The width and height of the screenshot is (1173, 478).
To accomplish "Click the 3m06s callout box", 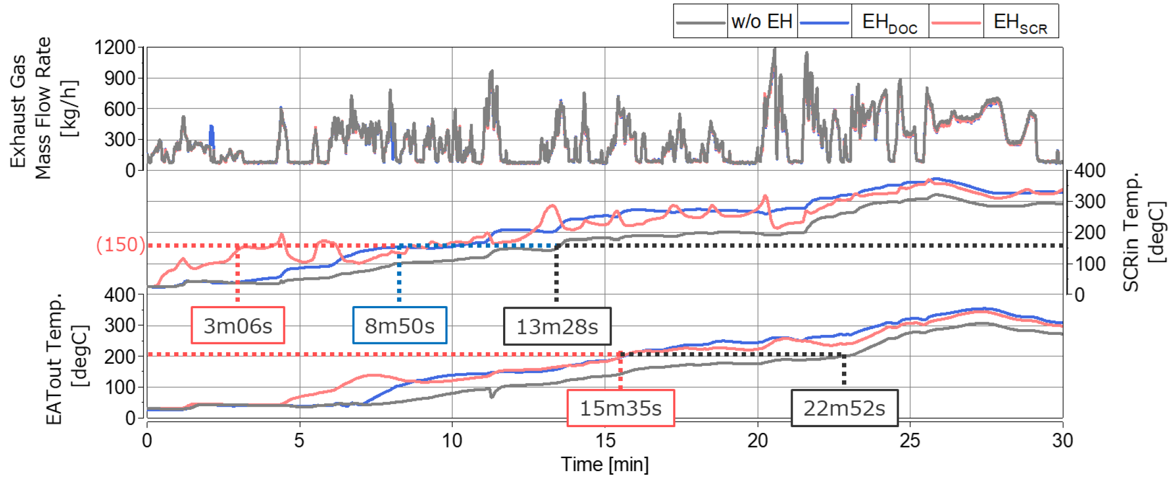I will [x=238, y=325].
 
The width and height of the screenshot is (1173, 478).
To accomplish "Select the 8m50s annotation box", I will [x=400, y=325].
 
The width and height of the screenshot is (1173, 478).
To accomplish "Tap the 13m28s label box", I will [x=557, y=327].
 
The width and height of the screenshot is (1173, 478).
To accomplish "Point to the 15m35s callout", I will [x=621, y=408].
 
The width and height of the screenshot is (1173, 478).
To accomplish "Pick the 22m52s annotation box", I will [x=845, y=408].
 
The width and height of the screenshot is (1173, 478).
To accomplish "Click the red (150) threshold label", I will [x=121, y=245].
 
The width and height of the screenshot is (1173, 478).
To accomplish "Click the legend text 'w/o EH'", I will [x=762, y=21].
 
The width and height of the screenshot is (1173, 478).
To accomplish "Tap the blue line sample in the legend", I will [x=825, y=23].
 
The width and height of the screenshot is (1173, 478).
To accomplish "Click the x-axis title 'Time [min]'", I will [x=605, y=464].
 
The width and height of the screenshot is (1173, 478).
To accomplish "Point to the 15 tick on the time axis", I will [x=605, y=440].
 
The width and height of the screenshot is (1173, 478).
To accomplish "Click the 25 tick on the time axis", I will [x=910, y=440].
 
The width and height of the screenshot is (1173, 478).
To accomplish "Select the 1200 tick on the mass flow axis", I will [x=115, y=48].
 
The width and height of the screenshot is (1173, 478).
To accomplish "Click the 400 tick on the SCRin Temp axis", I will [x=1090, y=171].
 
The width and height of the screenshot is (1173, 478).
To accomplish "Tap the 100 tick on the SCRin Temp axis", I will [x=1090, y=264].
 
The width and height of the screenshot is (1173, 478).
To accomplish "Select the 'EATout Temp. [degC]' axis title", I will [x=67, y=359].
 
